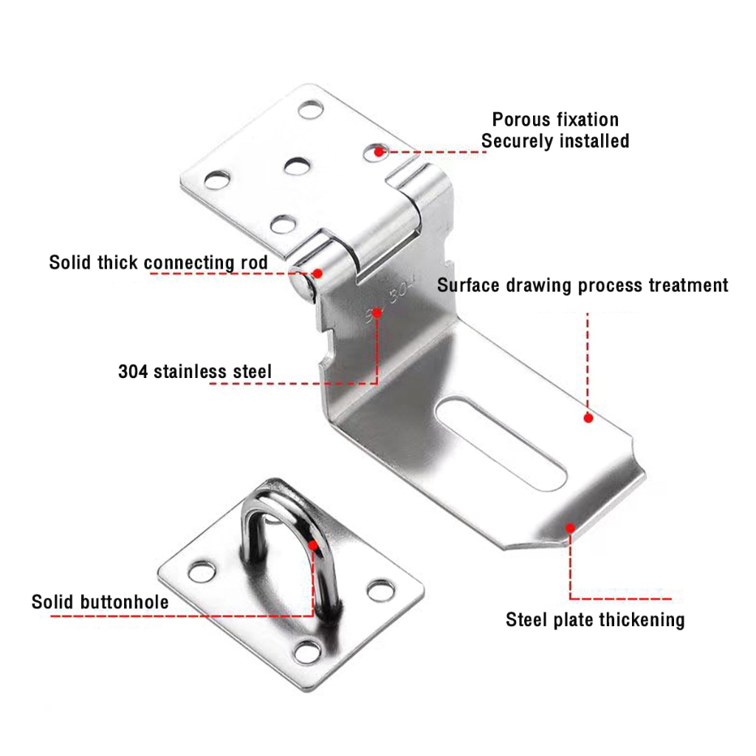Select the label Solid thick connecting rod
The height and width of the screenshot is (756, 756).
click(158, 263)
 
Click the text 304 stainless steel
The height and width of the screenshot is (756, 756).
click(195, 371)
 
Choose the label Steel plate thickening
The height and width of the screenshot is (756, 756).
click(595, 619)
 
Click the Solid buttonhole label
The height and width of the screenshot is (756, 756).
click(100, 602)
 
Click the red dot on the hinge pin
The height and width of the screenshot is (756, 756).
click(319, 272)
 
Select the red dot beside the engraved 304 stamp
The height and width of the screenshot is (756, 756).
click(377, 313)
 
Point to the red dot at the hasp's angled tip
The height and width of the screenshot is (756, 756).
click(569, 527)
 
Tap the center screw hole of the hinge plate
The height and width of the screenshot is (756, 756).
click(298, 165)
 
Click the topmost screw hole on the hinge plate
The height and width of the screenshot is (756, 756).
click(311, 110)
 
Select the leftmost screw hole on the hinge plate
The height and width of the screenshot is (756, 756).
click(215, 179)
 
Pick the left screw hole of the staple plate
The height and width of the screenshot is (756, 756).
click(201, 571)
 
